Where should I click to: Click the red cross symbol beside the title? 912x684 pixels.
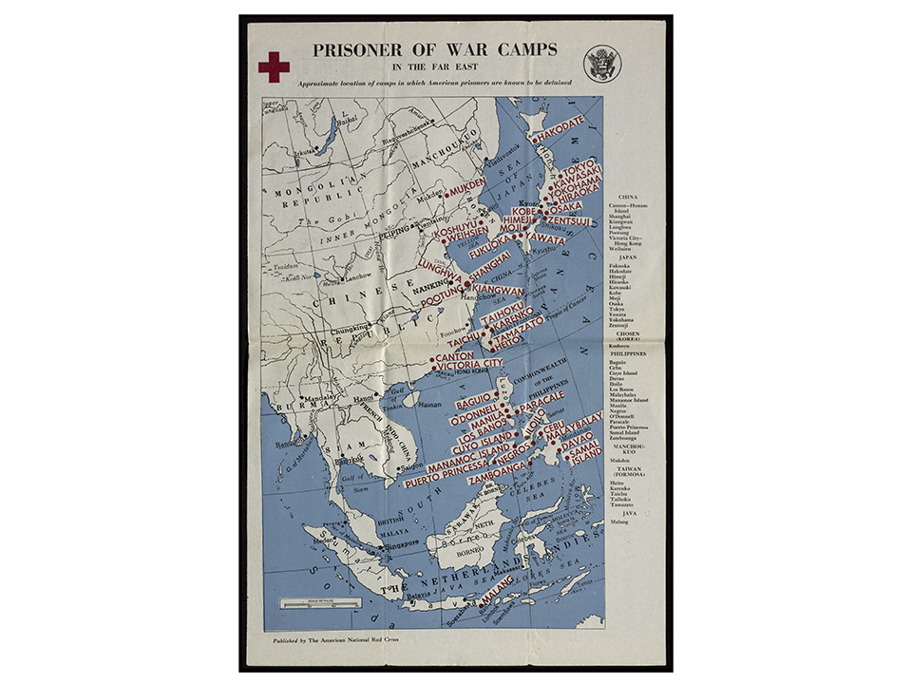(274, 66)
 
